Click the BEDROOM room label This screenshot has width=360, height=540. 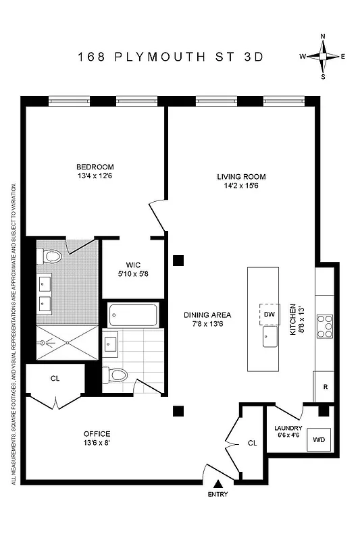click(x=95, y=167)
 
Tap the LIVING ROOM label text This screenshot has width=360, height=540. click(x=239, y=176)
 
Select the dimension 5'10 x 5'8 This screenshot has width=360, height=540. click(x=132, y=275)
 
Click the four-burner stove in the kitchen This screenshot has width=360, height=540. click(x=324, y=326)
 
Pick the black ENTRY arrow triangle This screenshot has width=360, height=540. click(x=218, y=483)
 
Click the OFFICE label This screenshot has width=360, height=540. click(x=97, y=433)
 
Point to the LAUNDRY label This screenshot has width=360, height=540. click(x=288, y=428)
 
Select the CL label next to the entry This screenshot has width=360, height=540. click(x=252, y=443)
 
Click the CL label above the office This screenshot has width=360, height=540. click(x=55, y=379)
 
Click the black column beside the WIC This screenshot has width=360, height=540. click(x=178, y=260)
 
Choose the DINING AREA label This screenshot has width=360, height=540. click(x=208, y=315)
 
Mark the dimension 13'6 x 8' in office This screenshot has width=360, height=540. click(x=97, y=443)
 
